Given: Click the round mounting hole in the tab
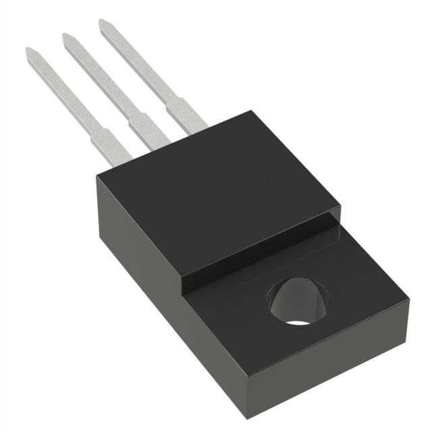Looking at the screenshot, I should (x=301, y=301).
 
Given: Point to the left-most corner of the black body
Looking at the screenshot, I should (x=97, y=174).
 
